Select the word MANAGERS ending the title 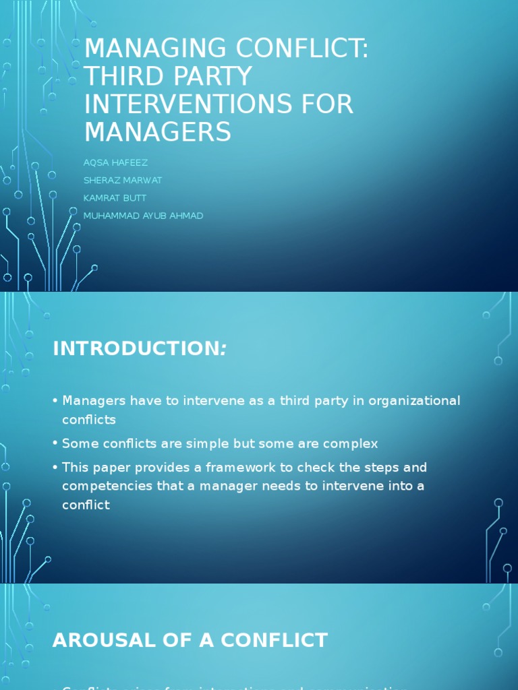(157, 132)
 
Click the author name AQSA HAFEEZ (115, 162)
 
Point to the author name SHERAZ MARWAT (123, 180)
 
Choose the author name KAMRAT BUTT (115, 198)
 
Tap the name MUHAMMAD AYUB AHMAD (143, 216)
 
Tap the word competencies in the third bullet (103, 486)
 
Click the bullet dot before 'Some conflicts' (54, 444)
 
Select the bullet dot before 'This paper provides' (54, 468)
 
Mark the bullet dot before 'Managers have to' (54, 402)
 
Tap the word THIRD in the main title (121, 77)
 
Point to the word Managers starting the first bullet (94, 401)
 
